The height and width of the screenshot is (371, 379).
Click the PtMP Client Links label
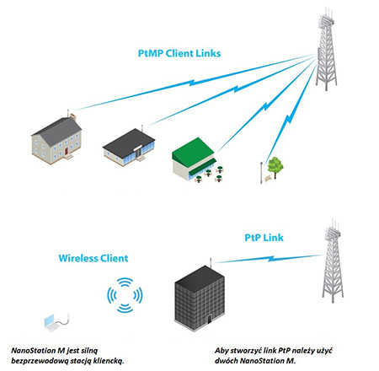pyautogui.click(x=179, y=53)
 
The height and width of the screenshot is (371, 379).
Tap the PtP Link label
pyautogui.click(x=264, y=238)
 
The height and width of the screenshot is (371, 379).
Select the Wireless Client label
pyautogui.click(x=93, y=258)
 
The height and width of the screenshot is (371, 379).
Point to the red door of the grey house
pyautogui.click(x=67, y=151)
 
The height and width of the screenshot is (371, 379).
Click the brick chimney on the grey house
pyautogui.click(x=73, y=116)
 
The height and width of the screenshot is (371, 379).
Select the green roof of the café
pyautogui.click(x=193, y=150)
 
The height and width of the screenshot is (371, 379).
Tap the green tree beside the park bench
pyautogui.click(x=275, y=167)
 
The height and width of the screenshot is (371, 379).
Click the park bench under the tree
pyautogui.click(x=268, y=178)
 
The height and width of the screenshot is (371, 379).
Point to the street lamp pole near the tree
pyautogui.click(x=261, y=173)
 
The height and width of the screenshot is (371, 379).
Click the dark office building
pyautogui.click(x=200, y=298)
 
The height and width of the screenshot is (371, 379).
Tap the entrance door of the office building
pyautogui.click(x=210, y=319)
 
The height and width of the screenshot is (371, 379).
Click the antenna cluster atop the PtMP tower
pyautogui.click(x=326, y=17)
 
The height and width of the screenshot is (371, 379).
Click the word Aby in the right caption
pyautogui.click(x=222, y=351)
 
